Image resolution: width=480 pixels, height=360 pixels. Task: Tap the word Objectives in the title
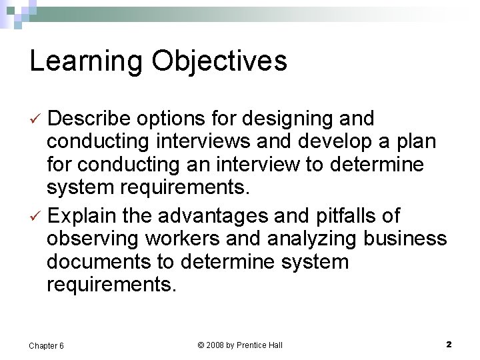219,61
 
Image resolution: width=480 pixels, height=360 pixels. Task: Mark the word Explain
83,217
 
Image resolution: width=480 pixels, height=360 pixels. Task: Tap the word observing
93,239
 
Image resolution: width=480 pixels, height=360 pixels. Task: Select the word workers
184,239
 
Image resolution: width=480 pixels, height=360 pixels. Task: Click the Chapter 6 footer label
47,345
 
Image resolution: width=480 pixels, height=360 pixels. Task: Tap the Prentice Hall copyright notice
240,345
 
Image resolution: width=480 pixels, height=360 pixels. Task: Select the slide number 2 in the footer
449,345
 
